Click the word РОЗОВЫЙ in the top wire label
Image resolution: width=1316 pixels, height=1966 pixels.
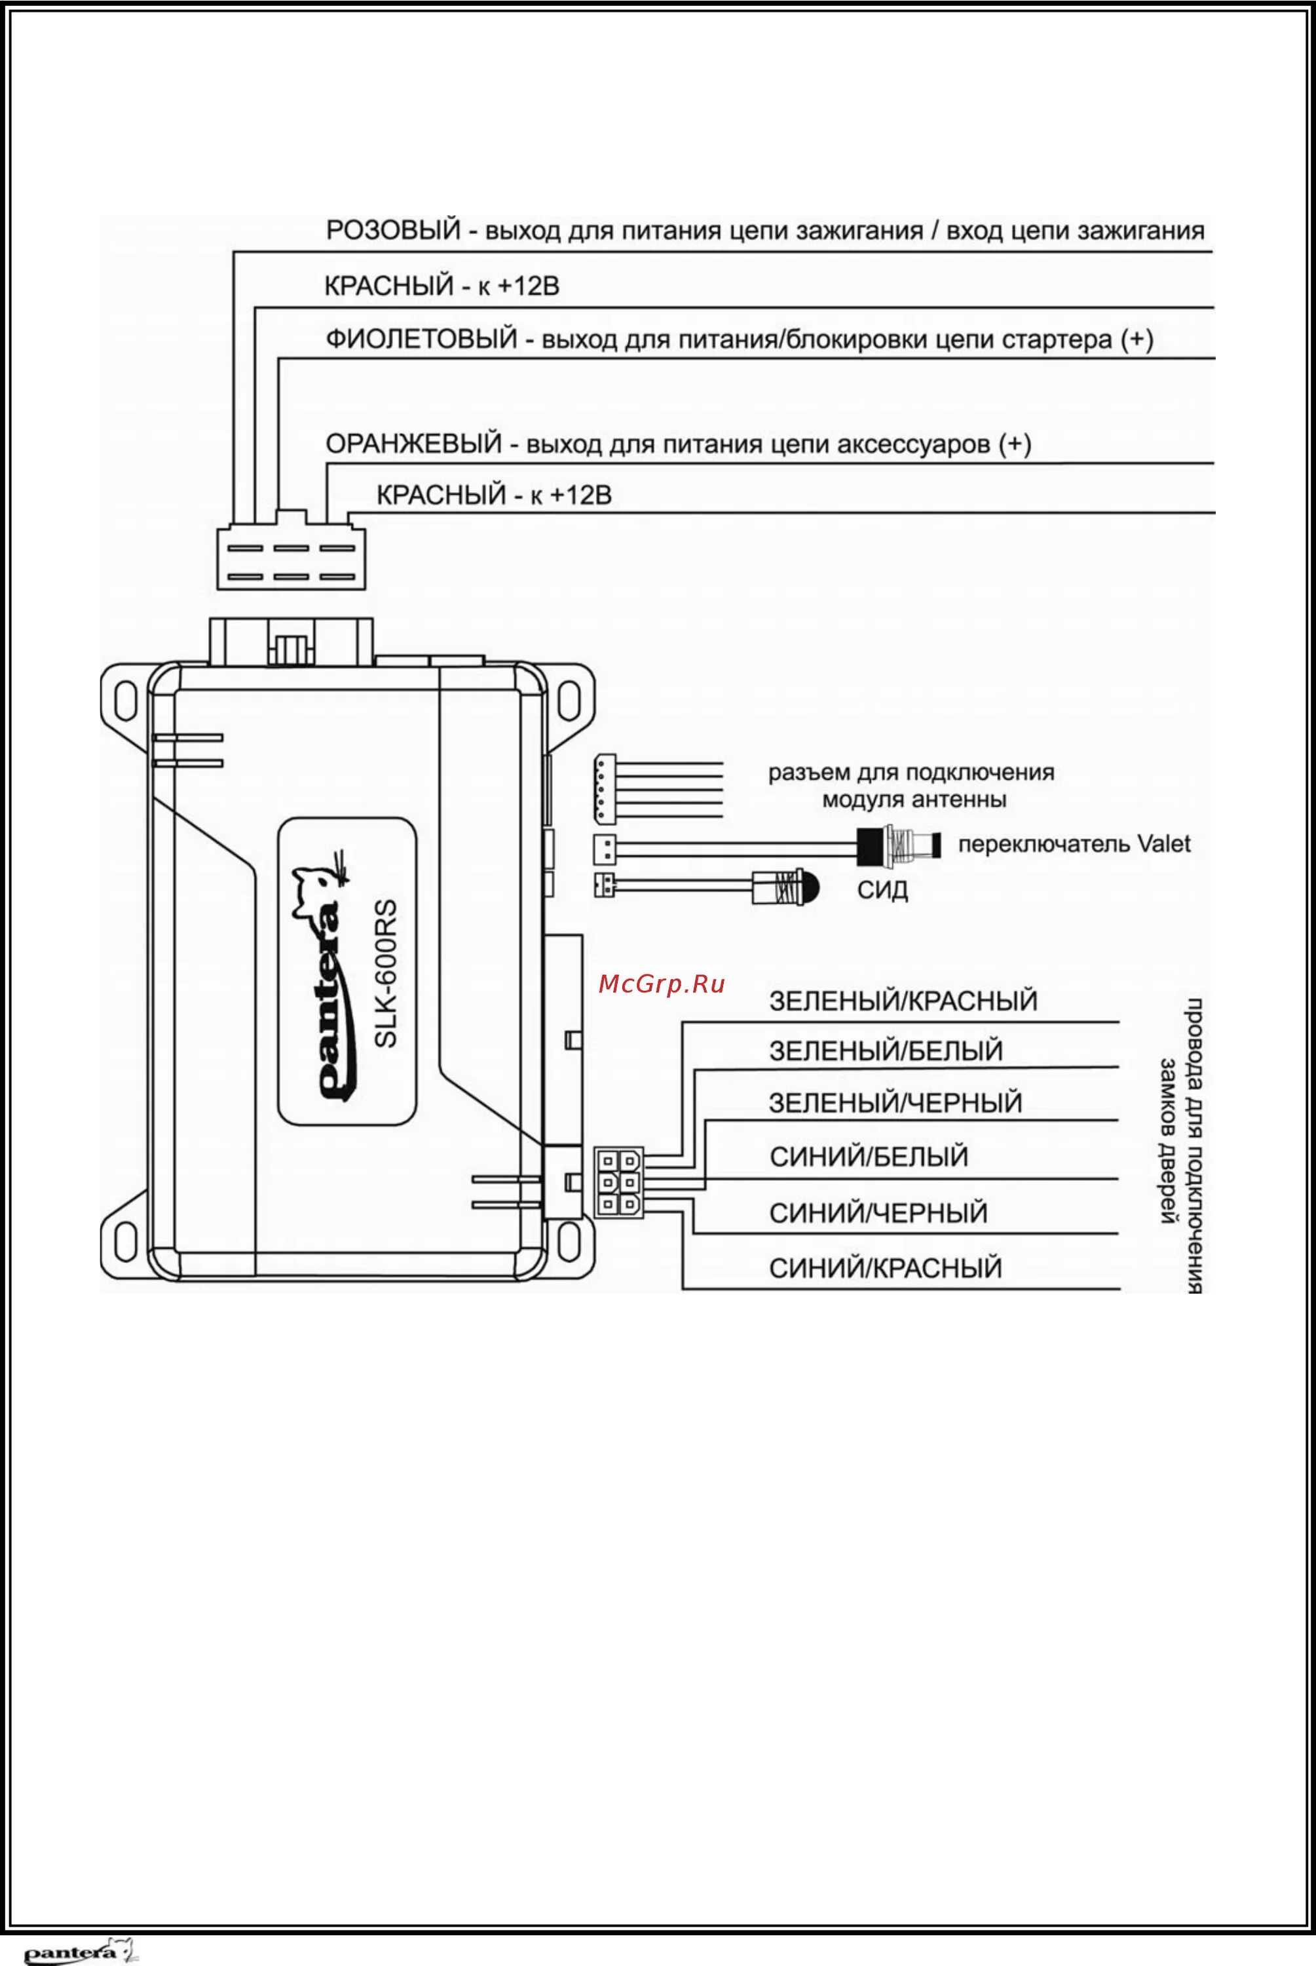393,230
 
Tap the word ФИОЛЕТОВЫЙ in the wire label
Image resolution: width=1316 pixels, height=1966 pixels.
421,340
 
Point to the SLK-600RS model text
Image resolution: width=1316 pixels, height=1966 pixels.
385,973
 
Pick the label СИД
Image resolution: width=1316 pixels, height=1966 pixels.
882,891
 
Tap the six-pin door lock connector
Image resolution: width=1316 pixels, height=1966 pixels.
618,1182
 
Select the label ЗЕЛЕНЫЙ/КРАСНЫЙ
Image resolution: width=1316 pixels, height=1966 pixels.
903,1001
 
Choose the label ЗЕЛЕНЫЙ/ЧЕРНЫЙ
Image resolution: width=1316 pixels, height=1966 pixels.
895,1103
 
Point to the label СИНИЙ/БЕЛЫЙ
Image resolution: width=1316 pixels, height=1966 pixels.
869,1157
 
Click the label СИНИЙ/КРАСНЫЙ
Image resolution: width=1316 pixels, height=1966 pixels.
886,1269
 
